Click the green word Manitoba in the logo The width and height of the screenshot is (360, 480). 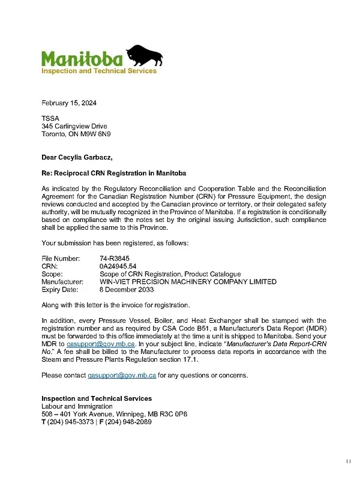82,59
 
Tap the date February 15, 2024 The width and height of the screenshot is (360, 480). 69,103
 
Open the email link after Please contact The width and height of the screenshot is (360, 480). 122,375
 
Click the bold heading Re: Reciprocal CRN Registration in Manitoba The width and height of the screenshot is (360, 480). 113,173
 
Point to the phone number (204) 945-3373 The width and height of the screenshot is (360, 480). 68,422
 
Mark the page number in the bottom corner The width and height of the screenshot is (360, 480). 348,461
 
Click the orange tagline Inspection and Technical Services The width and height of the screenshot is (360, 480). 98,71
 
